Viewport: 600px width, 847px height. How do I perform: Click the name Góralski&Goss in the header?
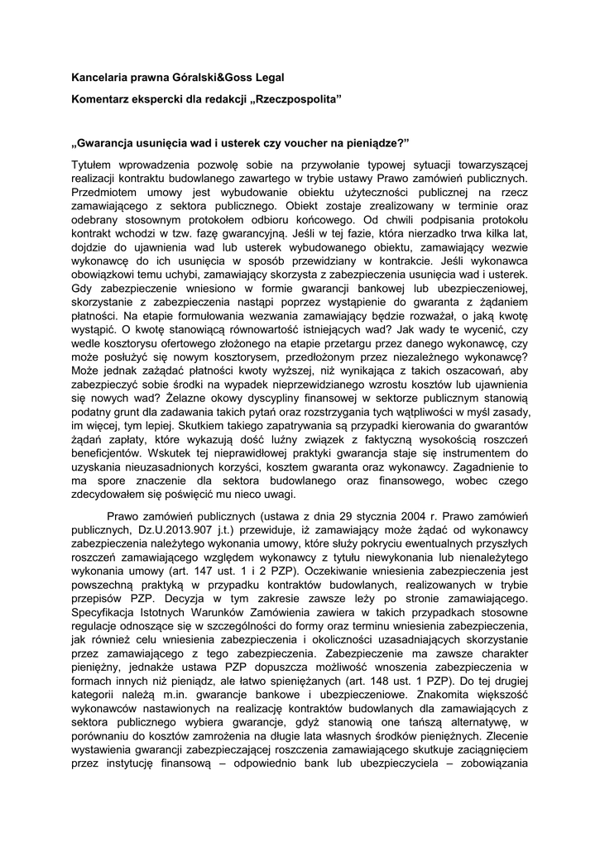[209, 78]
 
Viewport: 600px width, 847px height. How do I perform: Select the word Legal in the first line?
[267, 78]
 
